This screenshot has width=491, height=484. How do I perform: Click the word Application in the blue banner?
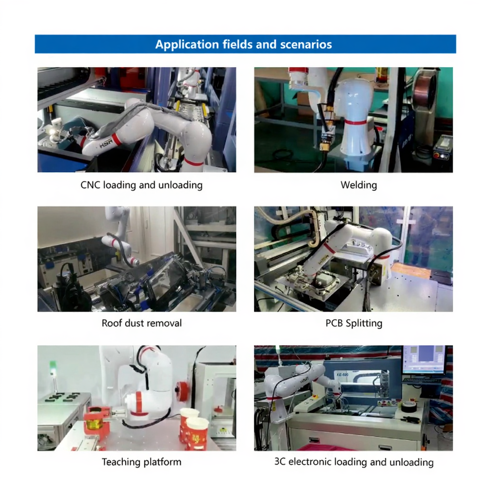[187, 45]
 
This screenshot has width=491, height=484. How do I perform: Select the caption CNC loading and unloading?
[141, 185]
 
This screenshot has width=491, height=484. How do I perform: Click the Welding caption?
[359, 185]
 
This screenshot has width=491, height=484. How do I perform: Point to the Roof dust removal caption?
[141, 323]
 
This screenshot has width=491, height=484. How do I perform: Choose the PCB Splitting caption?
[354, 323]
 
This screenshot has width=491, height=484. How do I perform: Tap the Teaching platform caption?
[141, 462]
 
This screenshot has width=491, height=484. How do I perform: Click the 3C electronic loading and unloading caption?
[354, 462]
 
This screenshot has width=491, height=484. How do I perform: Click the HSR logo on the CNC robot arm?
[105, 144]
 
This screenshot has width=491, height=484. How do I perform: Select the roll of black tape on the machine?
[409, 406]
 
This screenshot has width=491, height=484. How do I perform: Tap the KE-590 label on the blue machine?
[342, 375]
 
